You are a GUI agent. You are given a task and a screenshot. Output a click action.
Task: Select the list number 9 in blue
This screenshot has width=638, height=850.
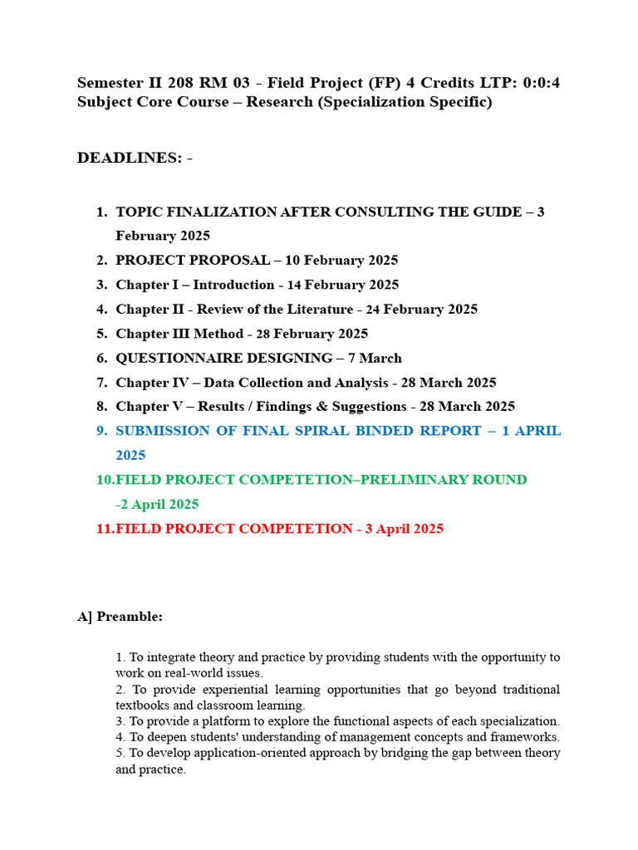(102, 431)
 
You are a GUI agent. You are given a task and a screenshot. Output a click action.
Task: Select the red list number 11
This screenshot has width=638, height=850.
(105, 529)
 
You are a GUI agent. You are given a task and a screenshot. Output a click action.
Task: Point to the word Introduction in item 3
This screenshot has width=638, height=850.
(233, 285)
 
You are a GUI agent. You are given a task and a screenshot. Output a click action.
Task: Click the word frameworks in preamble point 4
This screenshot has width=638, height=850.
(528, 736)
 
